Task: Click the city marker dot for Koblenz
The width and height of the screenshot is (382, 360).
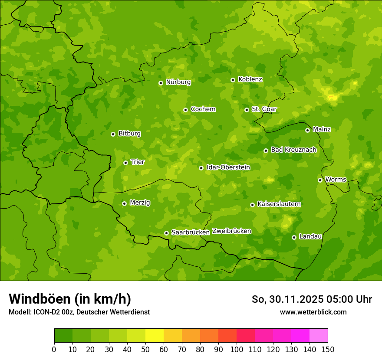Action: [x=233, y=80]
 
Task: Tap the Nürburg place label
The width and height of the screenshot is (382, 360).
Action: [x=178, y=82]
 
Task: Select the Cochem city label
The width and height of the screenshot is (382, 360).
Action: [x=203, y=109]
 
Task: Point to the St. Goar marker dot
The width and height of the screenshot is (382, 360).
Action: [x=247, y=110]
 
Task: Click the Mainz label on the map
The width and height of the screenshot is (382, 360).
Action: [x=322, y=129]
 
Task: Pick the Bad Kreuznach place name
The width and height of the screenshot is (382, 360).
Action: [x=293, y=150]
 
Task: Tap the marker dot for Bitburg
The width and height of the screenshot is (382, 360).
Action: [x=113, y=134]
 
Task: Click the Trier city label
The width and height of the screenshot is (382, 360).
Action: [x=138, y=162]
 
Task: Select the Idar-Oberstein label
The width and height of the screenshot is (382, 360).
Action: [x=228, y=167]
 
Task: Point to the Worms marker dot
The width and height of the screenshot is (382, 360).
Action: [x=320, y=180]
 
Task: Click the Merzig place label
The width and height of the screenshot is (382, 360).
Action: [x=140, y=203]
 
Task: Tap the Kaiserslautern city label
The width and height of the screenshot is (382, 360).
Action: [x=279, y=204]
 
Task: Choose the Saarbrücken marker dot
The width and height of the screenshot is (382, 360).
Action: [x=166, y=233]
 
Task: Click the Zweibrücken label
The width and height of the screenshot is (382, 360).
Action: [x=231, y=231]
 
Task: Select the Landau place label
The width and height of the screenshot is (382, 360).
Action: [x=310, y=236]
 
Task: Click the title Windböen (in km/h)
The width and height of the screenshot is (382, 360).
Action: [x=70, y=299]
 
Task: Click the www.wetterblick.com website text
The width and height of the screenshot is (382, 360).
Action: [x=313, y=312]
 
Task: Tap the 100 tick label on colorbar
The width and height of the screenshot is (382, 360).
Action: [x=237, y=350]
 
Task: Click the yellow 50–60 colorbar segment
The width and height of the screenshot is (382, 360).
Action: [x=155, y=336]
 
